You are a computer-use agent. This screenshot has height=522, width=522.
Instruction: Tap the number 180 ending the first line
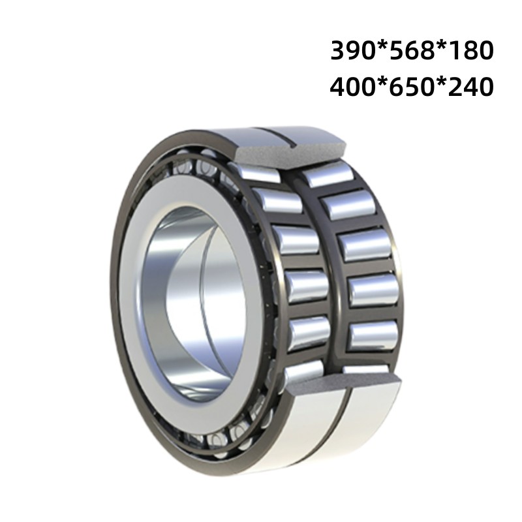(x=467, y=51)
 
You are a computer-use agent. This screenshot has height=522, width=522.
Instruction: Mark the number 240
(x=467, y=86)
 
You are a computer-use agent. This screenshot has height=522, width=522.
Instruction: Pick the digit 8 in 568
(x=424, y=51)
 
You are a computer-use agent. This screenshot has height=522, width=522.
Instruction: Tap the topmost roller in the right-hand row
(x=330, y=174)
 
